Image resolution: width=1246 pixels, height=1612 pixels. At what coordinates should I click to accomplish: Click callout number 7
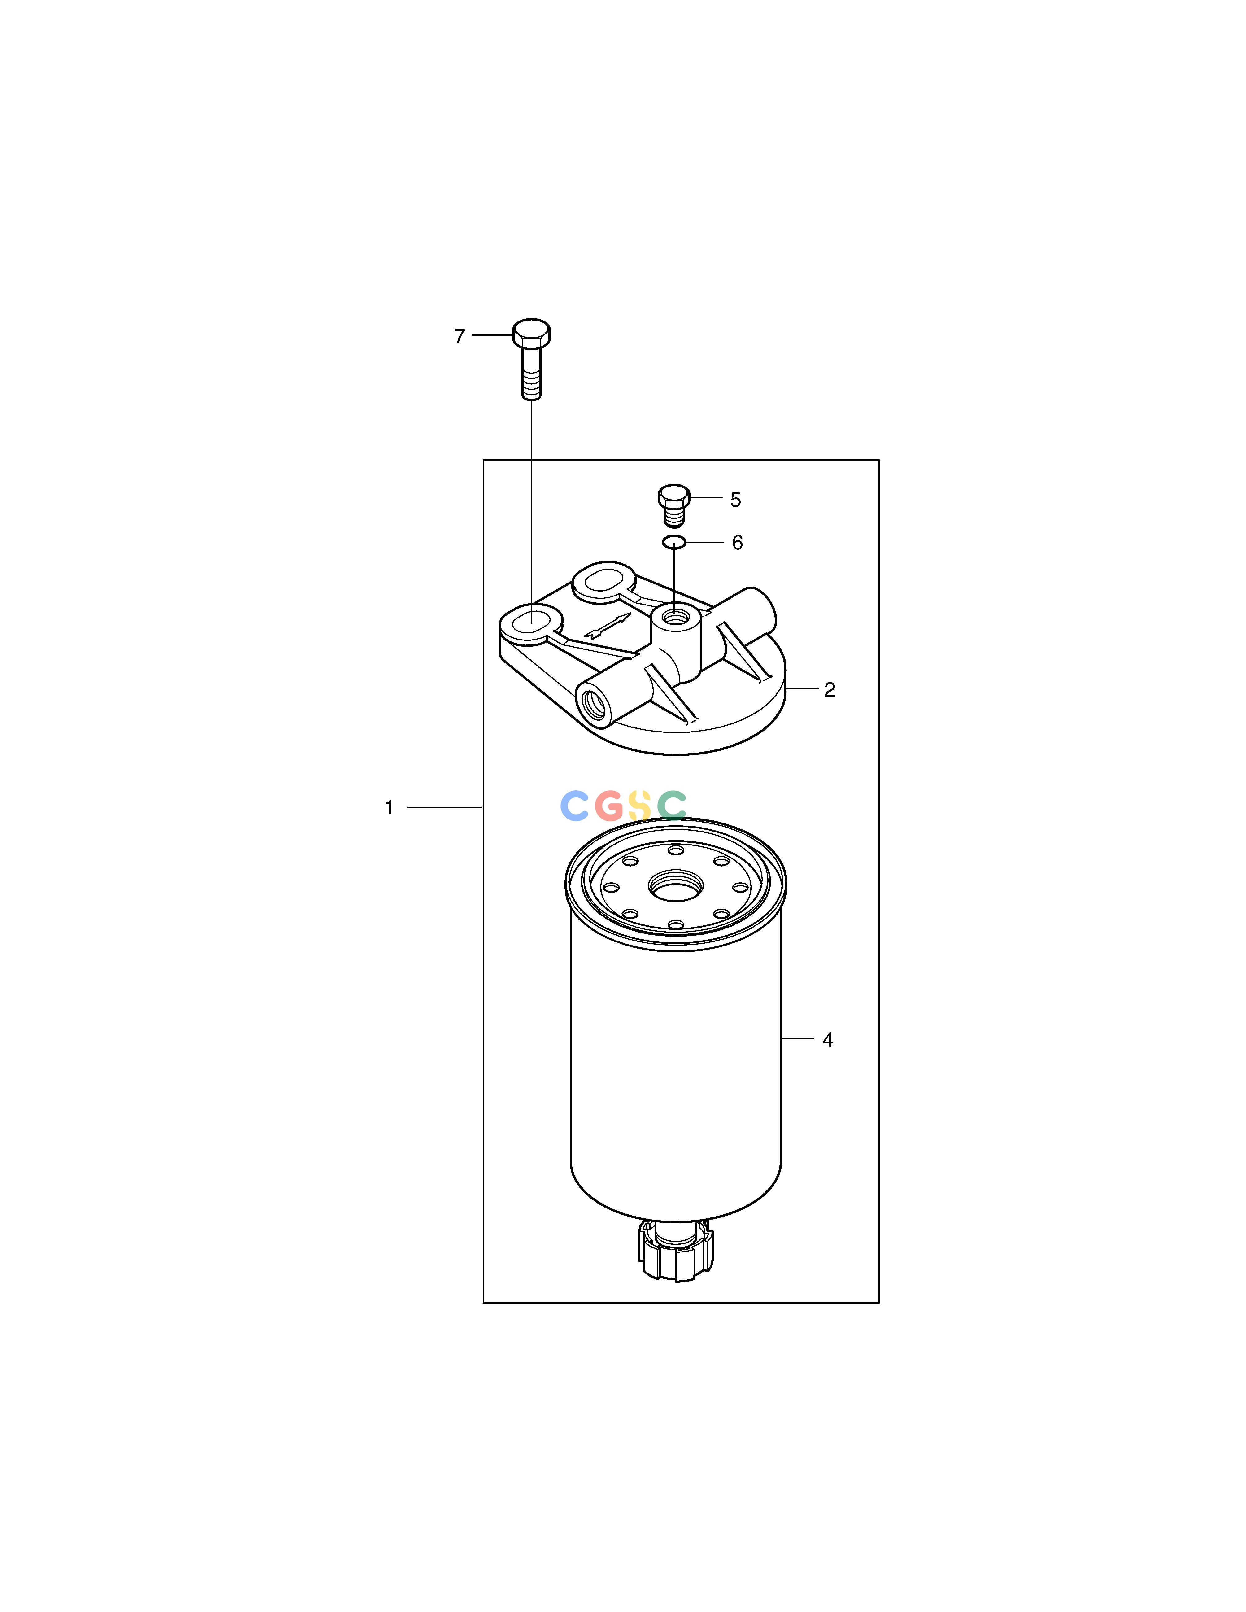[459, 337]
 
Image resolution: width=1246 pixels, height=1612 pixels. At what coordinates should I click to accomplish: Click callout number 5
[735, 500]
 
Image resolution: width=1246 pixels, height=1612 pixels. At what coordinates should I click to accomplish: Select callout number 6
[737, 543]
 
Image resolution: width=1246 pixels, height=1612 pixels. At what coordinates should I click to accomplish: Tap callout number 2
[830, 689]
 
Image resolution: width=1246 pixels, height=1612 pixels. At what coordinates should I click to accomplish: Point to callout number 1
[389, 807]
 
